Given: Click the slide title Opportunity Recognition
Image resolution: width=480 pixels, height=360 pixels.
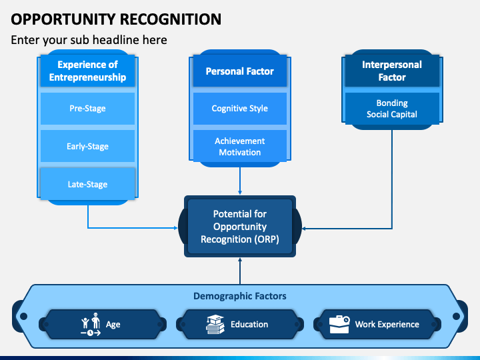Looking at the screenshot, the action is [x=116, y=19].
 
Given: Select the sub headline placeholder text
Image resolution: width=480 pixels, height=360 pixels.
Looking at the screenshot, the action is [x=89, y=40].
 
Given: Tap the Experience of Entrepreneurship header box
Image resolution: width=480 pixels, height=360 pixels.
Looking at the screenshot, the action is [x=87, y=71].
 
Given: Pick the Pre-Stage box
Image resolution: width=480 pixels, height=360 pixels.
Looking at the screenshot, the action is [x=87, y=109].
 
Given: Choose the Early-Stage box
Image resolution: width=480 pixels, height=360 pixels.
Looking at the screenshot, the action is [x=87, y=146].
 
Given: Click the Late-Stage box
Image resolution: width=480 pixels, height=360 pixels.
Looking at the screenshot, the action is [x=87, y=184].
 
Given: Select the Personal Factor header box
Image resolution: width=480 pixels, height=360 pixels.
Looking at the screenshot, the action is [x=240, y=71].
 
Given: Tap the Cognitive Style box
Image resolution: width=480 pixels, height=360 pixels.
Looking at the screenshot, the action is [x=240, y=109].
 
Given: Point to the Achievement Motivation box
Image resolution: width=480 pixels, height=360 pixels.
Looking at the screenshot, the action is [x=240, y=146].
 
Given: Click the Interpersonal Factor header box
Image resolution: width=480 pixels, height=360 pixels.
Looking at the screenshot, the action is [x=392, y=71].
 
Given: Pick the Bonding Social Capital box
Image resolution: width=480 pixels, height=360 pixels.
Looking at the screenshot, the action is [x=392, y=109].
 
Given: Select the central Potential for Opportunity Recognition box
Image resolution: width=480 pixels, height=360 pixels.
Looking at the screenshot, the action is [x=240, y=227].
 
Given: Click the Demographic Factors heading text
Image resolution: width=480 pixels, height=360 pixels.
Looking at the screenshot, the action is [x=240, y=296].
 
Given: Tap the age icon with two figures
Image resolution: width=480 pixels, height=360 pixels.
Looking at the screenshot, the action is [x=91, y=324].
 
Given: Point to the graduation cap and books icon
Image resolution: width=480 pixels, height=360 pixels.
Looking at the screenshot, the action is [x=215, y=324].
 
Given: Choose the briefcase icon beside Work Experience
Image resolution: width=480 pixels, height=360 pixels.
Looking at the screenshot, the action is [x=339, y=324].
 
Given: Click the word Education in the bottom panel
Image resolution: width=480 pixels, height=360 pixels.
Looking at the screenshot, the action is [x=249, y=324].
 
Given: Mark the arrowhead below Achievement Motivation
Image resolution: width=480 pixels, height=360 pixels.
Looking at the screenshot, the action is [x=240, y=192].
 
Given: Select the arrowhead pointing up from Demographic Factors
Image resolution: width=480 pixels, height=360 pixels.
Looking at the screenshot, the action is [x=240, y=260].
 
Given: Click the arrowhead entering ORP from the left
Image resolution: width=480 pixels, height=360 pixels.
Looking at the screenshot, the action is [x=175, y=228].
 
